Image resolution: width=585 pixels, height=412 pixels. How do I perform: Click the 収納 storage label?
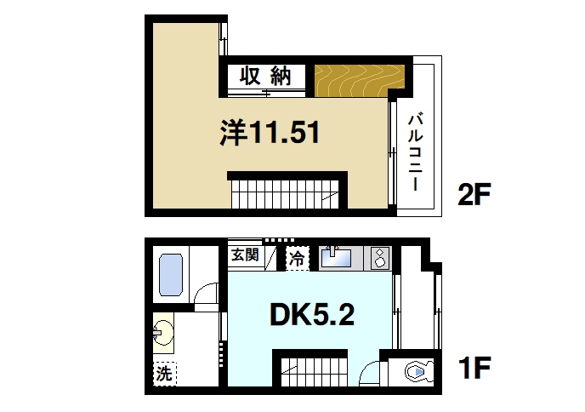pyautogui.click(x=264, y=76)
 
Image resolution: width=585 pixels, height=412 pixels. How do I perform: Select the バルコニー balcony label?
pyautogui.click(x=416, y=150)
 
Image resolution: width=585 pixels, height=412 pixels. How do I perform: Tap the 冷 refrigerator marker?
pyautogui.click(x=297, y=255)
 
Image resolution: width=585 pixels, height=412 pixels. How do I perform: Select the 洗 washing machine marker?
pyautogui.click(x=163, y=372)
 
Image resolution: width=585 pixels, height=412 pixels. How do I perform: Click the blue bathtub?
pyautogui.click(x=173, y=274)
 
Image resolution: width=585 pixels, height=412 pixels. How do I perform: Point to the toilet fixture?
pyautogui.click(x=416, y=371)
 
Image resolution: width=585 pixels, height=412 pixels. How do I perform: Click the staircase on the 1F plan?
pyautogui.click(x=313, y=371)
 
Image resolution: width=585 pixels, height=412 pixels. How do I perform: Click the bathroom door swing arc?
pyautogui.click(x=206, y=295)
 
